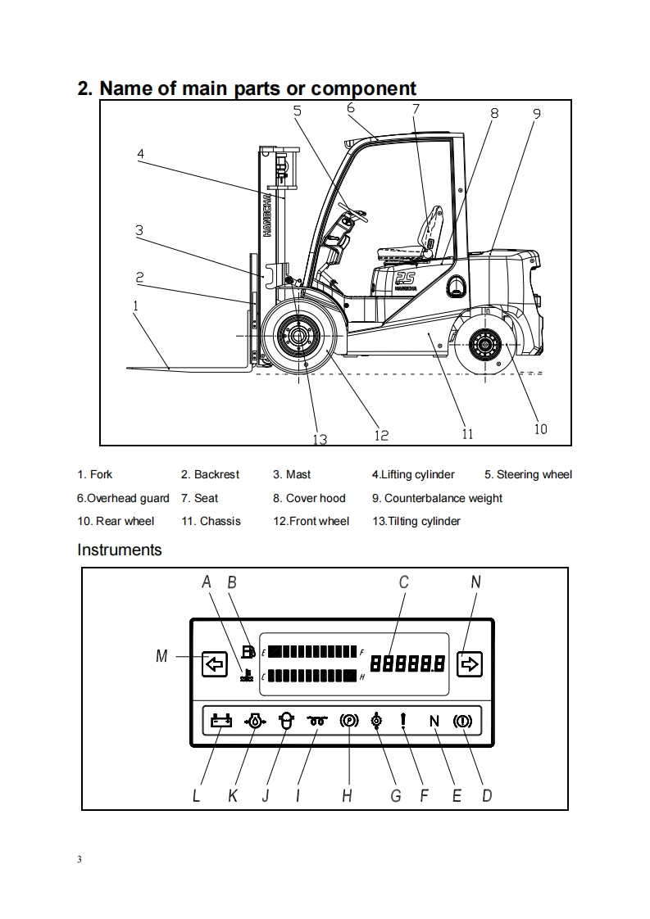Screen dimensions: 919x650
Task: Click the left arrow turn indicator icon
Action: [x=215, y=664]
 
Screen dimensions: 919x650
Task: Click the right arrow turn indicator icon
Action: [x=469, y=663]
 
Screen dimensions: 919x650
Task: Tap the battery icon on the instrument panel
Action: [x=221, y=721]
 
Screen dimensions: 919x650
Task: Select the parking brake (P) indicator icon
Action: [x=349, y=721]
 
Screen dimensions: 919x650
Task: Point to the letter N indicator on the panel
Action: [x=434, y=721]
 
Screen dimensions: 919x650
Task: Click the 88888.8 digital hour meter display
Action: [x=407, y=664]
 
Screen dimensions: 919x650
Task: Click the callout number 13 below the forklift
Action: [x=320, y=440]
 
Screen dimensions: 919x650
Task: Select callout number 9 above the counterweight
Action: [x=537, y=114]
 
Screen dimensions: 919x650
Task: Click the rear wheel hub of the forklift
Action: [x=484, y=346]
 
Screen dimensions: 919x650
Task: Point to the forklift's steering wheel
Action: [x=356, y=215]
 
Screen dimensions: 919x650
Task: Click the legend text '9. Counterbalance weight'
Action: [x=437, y=498]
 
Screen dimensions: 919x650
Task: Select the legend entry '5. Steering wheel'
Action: [x=528, y=474]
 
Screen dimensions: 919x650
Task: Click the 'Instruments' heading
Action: [x=120, y=550]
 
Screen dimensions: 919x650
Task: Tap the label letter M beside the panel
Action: [x=161, y=656]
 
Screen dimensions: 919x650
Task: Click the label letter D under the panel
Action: [x=487, y=795]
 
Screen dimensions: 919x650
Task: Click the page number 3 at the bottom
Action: [x=80, y=859]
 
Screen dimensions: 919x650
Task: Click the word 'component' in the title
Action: [x=364, y=88]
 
